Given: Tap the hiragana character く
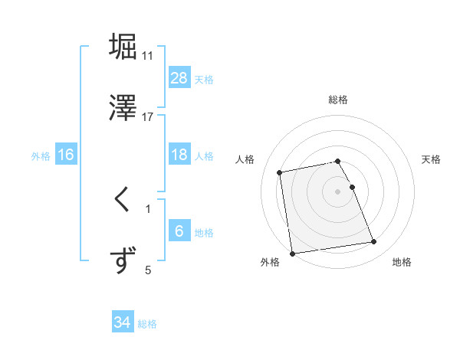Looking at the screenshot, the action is pyautogui.click(x=123, y=201).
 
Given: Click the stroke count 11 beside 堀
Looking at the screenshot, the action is pyautogui.click(x=147, y=56).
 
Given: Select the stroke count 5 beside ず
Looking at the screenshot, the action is pyautogui.click(x=148, y=269).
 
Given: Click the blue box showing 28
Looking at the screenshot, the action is pyautogui.click(x=179, y=78).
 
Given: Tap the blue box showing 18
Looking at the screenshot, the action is pyautogui.click(x=179, y=155).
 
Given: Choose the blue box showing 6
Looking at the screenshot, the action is pyautogui.click(x=179, y=231).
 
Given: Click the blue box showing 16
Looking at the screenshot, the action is pyautogui.click(x=66, y=155).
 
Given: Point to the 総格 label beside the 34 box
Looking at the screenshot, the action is pyautogui.click(x=147, y=324).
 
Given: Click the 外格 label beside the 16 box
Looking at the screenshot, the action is pyautogui.click(x=41, y=156).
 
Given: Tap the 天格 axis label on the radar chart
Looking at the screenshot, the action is pyautogui.click(x=432, y=159).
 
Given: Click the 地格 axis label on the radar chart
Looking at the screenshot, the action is pyautogui.click(x=402, y=263).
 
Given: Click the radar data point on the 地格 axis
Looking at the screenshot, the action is pyautogui.click(x=373, y=243).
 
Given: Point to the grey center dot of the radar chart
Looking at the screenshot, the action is pyautogui.click(x=337, y=191).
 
